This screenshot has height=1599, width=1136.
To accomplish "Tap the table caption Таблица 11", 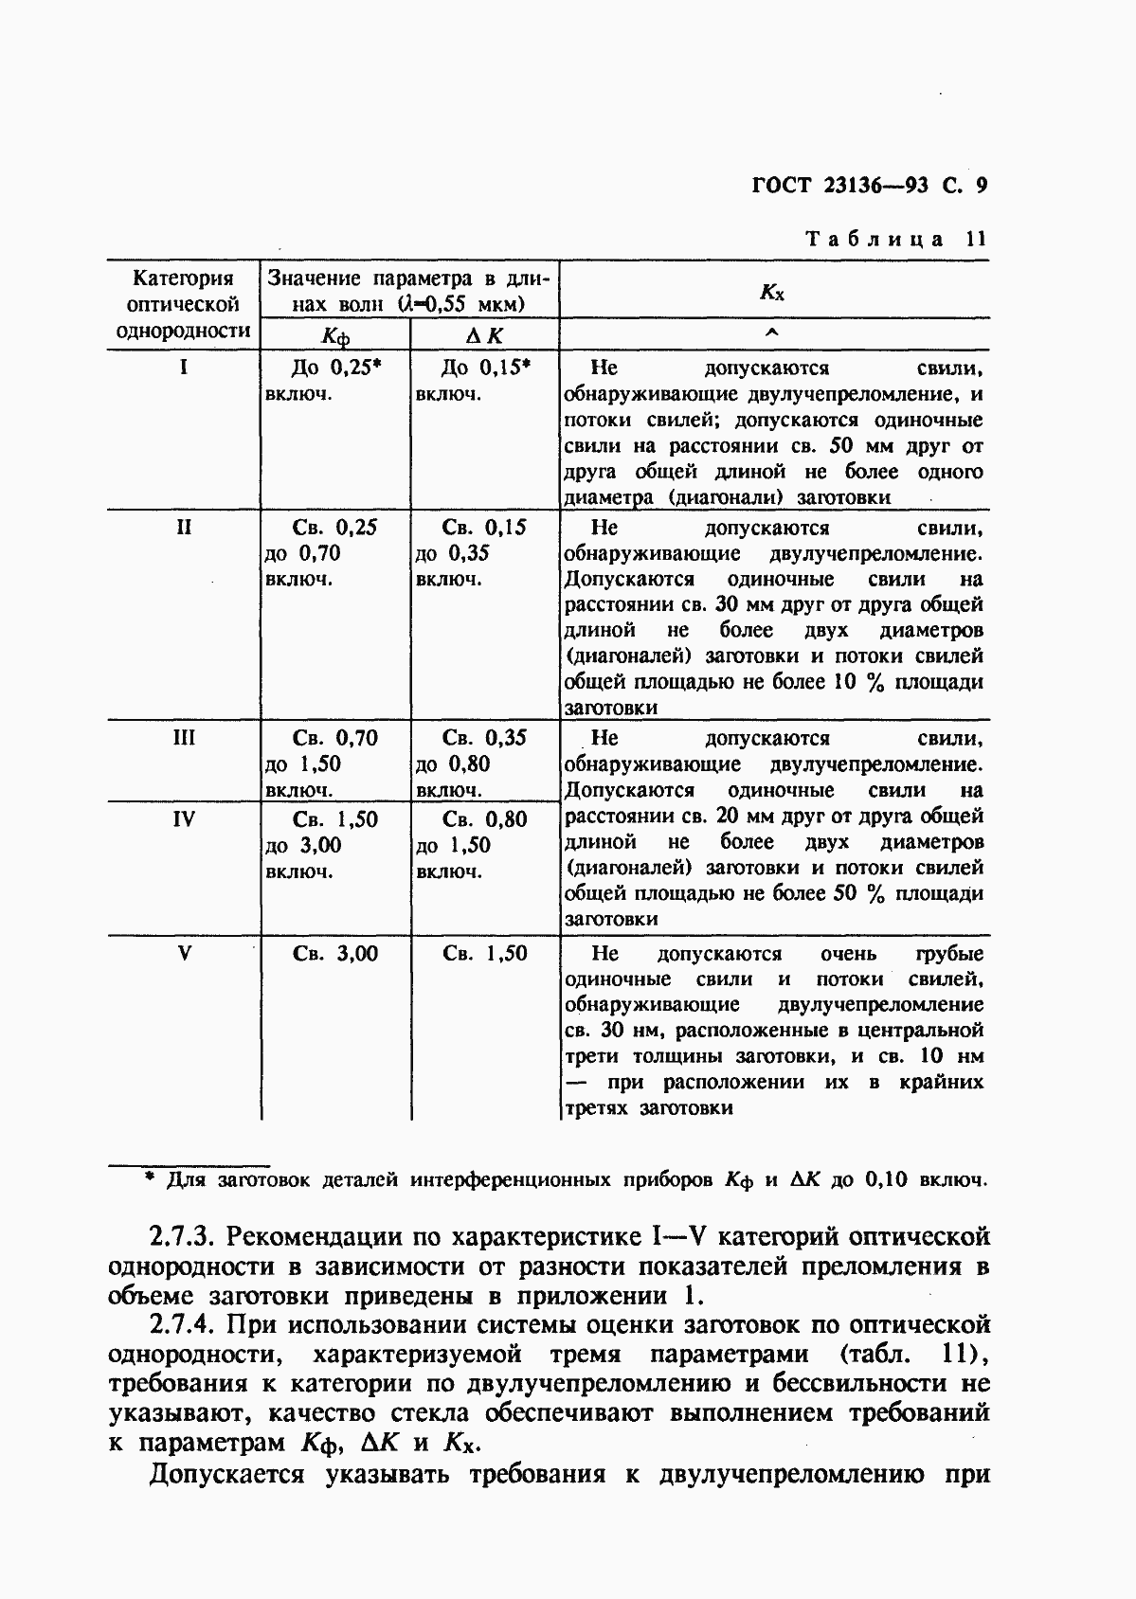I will point(895,239).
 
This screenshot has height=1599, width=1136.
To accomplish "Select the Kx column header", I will point(772,292).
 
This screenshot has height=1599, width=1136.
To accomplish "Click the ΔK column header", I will point(484,335).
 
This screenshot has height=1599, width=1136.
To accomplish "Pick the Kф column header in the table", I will point(335,336).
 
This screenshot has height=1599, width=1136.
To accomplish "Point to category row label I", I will point(183,368).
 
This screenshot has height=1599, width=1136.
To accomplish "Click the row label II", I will point(184,528).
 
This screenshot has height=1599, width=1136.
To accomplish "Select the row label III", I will point(184,738).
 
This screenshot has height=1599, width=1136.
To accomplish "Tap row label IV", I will point(184,819).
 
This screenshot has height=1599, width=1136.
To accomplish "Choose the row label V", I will point(185,954).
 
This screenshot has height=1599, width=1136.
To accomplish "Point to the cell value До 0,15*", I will point(485,368).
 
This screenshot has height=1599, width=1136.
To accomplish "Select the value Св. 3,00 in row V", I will point(335,954).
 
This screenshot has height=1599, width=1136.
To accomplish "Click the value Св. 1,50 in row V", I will point(485,954).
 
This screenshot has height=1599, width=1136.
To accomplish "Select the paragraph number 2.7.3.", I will point(184,1236).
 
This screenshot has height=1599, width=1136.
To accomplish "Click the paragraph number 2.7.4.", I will point(184,1324).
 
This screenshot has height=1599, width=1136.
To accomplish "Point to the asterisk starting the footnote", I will point(148,1177).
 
